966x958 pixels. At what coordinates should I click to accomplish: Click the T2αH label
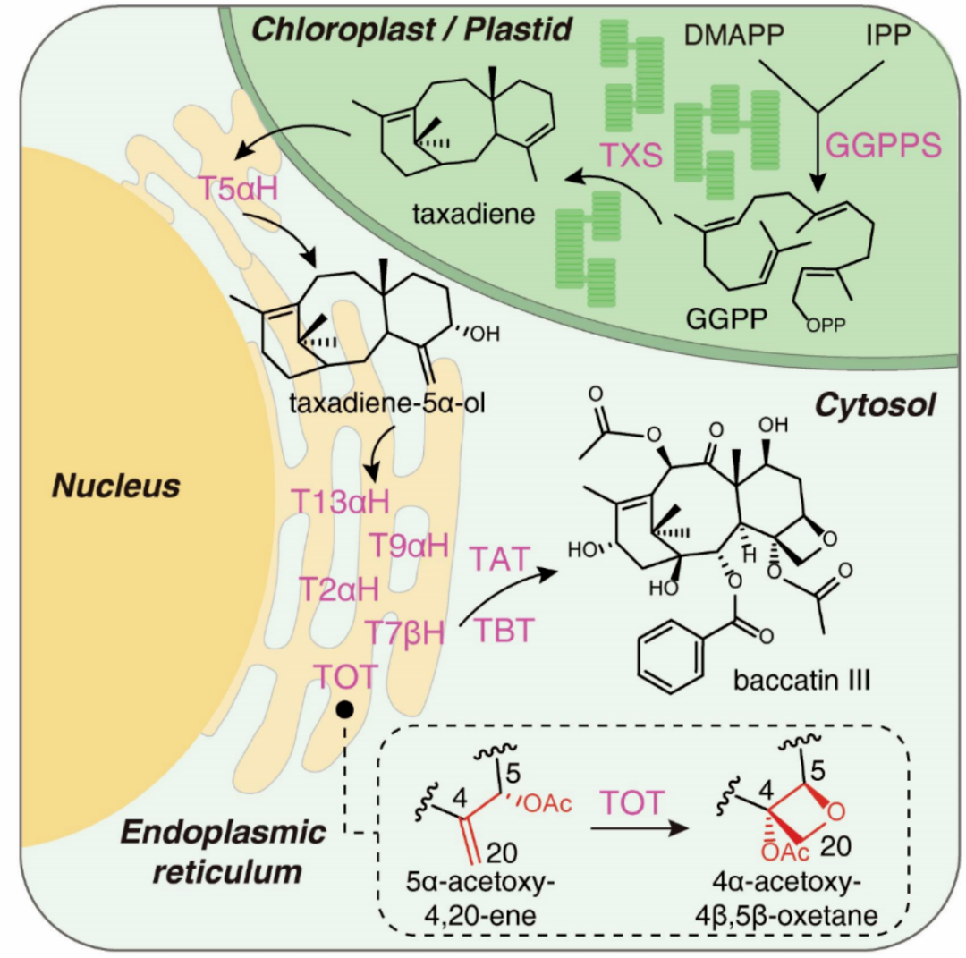[339, 590]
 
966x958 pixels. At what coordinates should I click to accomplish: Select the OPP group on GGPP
[826, 325]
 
